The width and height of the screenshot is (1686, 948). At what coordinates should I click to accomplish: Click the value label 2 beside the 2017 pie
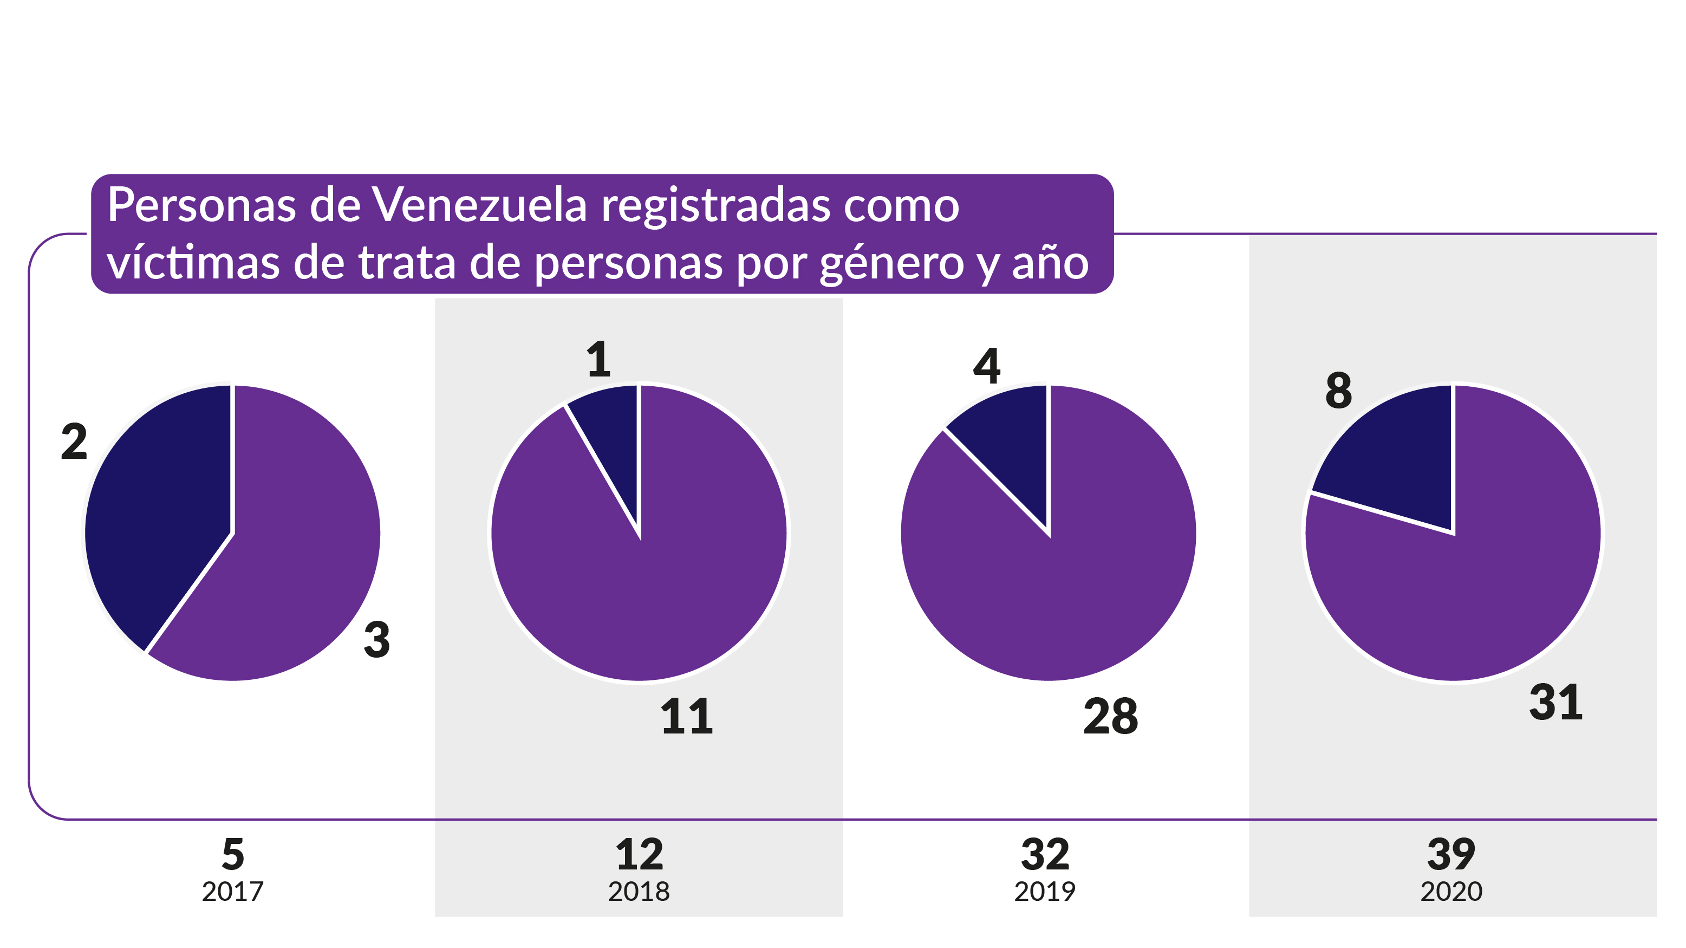(x=74, y=442)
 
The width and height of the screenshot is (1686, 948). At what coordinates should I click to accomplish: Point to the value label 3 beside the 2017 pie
(x=377, y=640)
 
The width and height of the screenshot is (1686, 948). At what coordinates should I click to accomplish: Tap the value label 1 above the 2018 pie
(x=598, y=360)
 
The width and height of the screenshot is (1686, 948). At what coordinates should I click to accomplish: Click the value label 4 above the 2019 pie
(x=986, y=366)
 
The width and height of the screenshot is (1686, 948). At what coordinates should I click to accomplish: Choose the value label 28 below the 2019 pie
(x=1111, y=716)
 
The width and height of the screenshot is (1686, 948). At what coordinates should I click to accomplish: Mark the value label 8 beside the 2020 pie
(x=1338, y=391)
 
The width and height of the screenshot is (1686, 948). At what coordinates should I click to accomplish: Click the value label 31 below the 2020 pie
(x=1556, y=703)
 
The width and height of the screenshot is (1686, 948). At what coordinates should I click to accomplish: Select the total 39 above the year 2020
(x=1451, y=854)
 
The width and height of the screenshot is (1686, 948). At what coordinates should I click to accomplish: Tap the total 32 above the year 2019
(x=1045, y=854)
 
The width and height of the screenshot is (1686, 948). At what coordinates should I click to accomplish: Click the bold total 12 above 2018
(x=640, y=854)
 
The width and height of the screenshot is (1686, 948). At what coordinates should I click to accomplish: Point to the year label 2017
(x=232, y=892)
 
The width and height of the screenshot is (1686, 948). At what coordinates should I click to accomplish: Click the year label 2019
(x=1045, y=892)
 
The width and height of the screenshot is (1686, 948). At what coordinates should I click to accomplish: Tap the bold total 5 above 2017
(x=233, y=854)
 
